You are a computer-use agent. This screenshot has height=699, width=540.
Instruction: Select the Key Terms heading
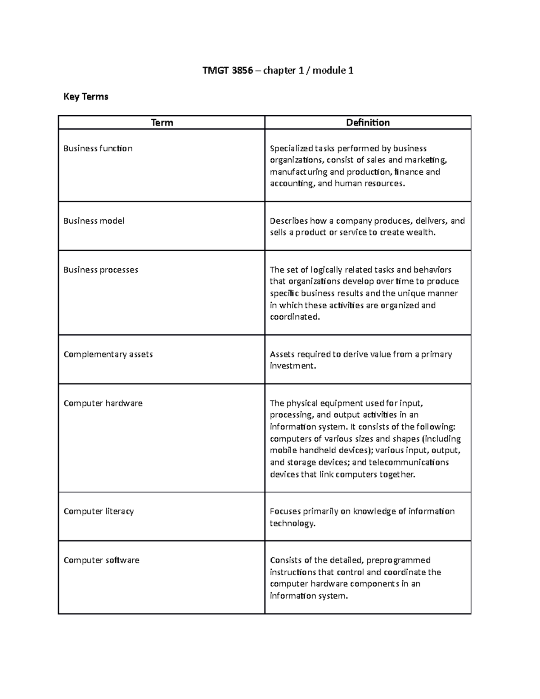86,96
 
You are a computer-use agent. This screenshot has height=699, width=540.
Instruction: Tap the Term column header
162,122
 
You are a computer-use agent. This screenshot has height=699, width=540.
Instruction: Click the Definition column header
368,122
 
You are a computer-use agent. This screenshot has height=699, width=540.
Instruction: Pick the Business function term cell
98,149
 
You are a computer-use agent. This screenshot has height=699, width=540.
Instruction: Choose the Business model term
94,221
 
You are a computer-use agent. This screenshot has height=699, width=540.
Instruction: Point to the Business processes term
101,270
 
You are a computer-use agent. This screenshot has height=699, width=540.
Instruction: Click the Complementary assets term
108,354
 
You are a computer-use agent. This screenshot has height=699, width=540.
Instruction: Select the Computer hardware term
103,403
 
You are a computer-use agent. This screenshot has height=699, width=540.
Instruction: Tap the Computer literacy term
99,511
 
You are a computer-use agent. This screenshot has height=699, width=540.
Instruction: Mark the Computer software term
101,560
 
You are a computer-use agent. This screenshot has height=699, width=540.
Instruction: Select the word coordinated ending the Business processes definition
294,317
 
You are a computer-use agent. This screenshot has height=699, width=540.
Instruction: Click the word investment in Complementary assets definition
292,366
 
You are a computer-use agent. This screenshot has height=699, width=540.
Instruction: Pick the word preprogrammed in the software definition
399,560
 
